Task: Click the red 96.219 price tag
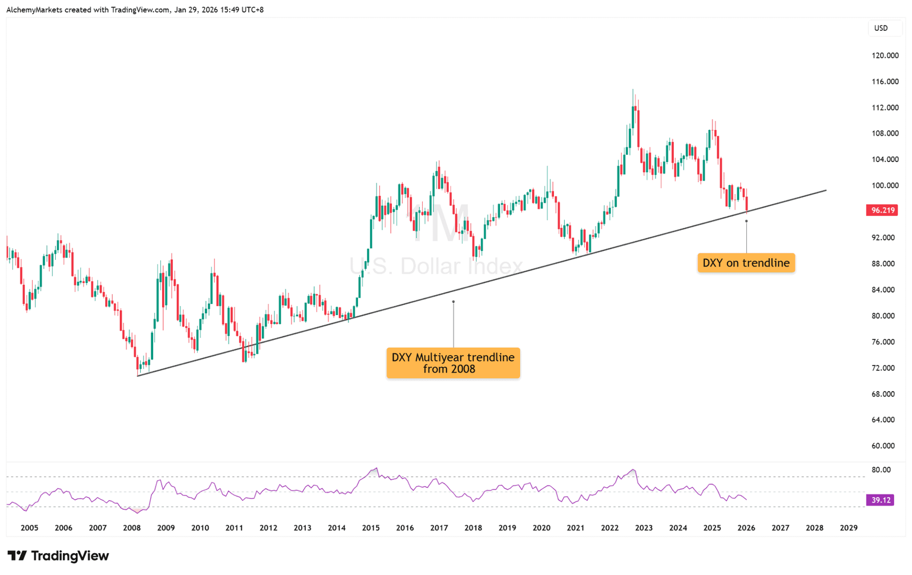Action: (882, 210)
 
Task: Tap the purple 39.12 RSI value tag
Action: (881, 500)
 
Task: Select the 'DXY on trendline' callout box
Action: (746, 263)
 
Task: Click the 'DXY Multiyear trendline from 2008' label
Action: (453, 363)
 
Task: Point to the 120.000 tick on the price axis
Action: (885, 56)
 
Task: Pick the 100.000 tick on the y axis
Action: (885, 186)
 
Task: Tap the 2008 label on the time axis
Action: (132, 528)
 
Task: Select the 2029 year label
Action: (848, 528)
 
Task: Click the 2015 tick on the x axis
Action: (370, 528)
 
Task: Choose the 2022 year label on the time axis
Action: (610, 528)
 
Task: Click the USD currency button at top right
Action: (881, 28)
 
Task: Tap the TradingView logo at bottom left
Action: (58, 556)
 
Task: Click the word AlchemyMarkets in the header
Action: (34, 10)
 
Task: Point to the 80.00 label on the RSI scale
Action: (881, 470)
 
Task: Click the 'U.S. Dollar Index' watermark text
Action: (436, 266)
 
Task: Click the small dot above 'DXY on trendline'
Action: (746, 221)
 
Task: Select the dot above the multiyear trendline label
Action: (453, 301)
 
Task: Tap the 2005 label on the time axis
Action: (29, 528)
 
